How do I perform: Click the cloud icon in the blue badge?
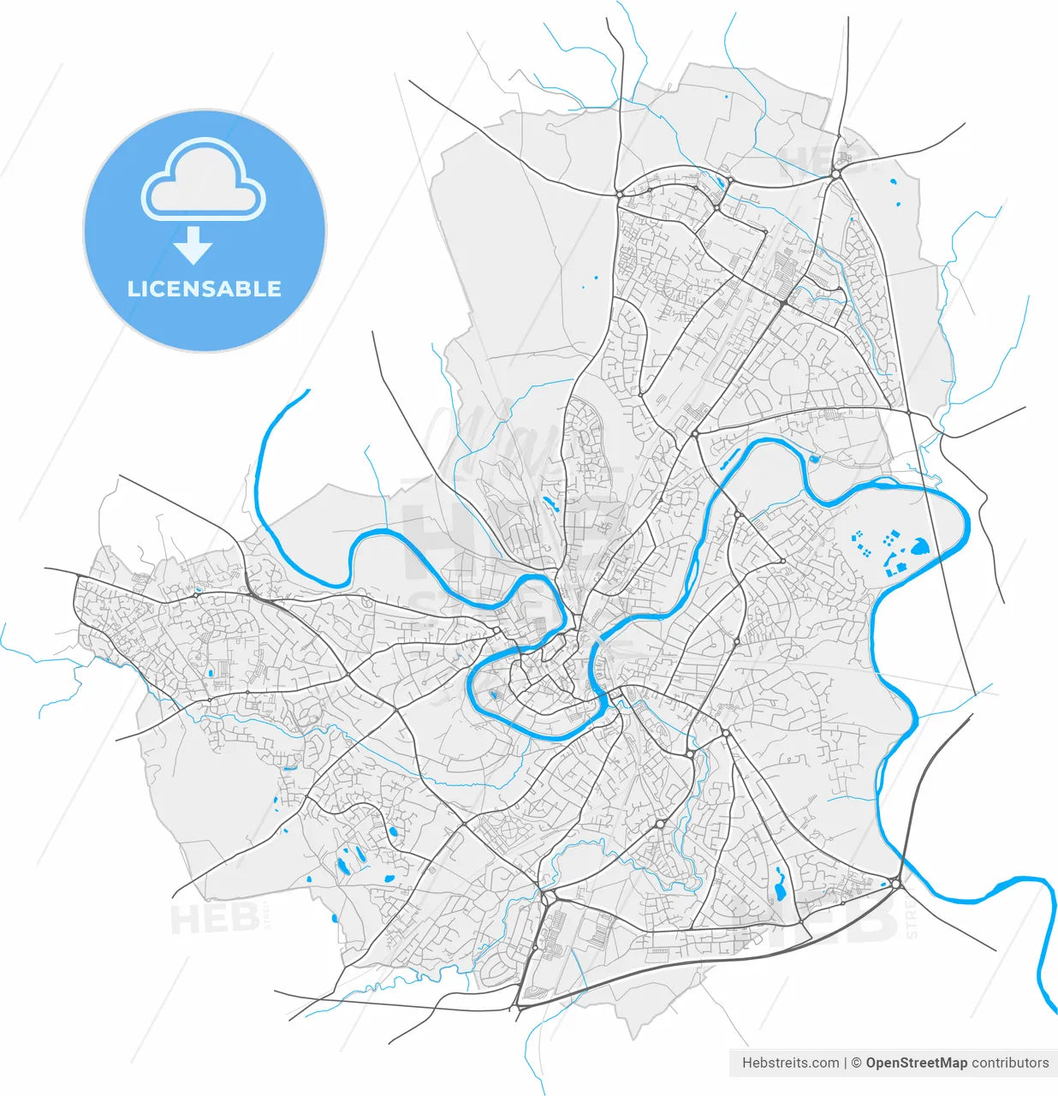(x=204, y=179)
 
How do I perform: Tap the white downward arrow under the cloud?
(x=193, y=245)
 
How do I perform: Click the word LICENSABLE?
(x=205, y=289)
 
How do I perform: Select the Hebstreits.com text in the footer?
(x=790, y=1063)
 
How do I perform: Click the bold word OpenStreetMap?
(x=916, y=1063)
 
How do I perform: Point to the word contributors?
(x=1010, y=1063)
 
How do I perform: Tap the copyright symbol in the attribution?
(x=857, y=1063)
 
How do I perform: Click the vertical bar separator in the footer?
(x=846, y=1063)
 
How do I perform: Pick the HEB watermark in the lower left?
(x=214, y=920)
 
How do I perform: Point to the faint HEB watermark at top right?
(x=822, y=158)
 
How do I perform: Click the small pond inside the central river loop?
(x=494, y=694)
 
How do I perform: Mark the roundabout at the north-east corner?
(x=835, y=174)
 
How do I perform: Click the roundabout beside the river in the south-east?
(x=895, y=883)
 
